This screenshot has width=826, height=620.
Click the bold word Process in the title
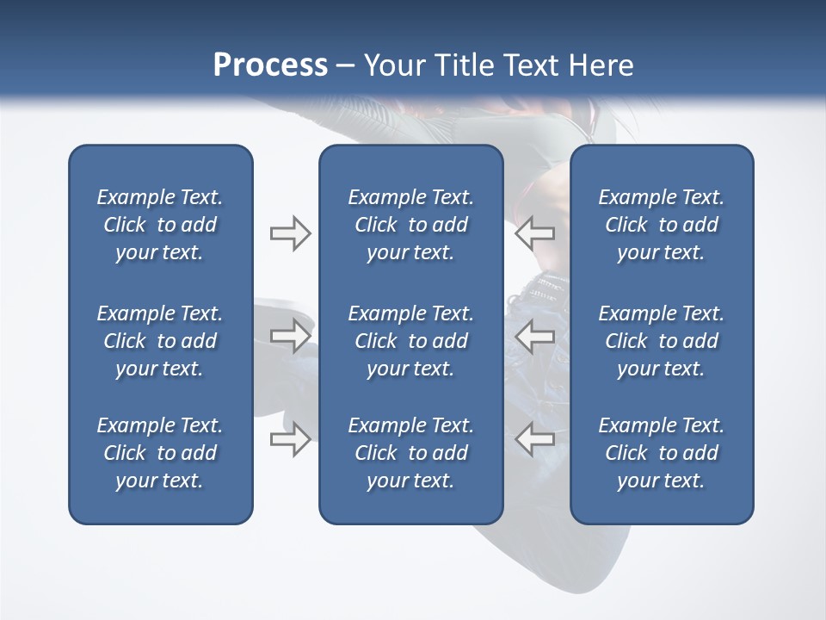[270, 65]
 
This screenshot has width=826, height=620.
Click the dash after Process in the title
[346, 66]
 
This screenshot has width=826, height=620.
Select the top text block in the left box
[160, 225]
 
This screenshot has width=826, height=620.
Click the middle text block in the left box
[160, 341]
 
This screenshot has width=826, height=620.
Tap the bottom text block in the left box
[160, 453]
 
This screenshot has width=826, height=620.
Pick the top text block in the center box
[411, 225]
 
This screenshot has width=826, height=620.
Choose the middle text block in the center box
[411, 341]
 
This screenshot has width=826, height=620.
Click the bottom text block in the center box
[411, 453]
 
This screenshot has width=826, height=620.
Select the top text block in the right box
[662, 225]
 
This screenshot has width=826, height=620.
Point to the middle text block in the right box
[662, 341]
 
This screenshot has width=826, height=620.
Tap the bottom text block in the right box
[662, 453]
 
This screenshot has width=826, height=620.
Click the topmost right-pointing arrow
[290, 233]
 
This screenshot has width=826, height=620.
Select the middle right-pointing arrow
[290, 336]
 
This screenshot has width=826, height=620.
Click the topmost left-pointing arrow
[535, 233]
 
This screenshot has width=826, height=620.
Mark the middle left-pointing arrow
[535, 336]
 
